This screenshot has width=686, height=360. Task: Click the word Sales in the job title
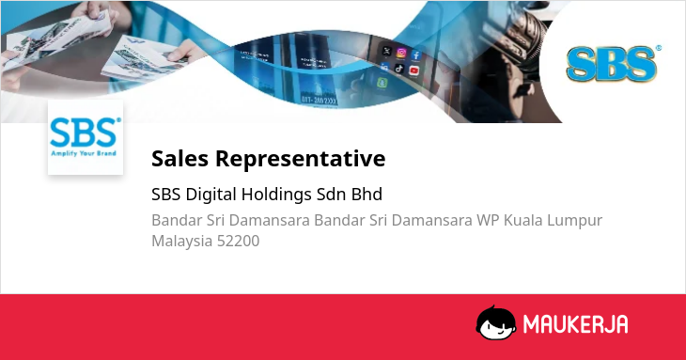[x=179, y=158]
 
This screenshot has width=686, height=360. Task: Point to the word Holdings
[x=276, y=195]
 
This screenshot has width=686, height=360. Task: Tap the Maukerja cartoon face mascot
[x=495, y=322]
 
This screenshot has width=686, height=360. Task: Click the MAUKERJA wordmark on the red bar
[x=576, y=324]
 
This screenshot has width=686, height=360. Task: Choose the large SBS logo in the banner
[x=613, y=64]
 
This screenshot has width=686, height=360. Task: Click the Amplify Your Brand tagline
[x=84, y=153]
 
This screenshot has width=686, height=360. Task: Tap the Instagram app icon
[x=401, y=53]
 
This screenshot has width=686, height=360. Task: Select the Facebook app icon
[x=416, y=55]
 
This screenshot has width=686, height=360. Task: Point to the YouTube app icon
[x=413, y=70]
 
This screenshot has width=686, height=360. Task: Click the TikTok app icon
[x=399, y=69]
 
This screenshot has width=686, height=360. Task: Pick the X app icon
[x=386, y=51]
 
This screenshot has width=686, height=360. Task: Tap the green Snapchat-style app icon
[x=382, y=82]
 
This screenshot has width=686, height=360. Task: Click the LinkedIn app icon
[x=384, y=67]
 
